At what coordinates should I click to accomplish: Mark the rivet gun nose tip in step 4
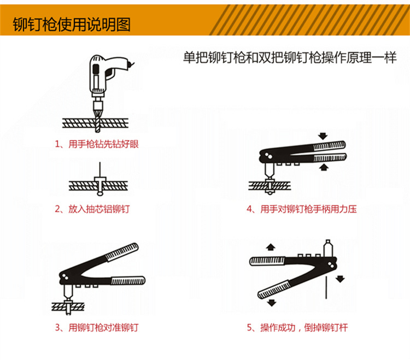point(270,176)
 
